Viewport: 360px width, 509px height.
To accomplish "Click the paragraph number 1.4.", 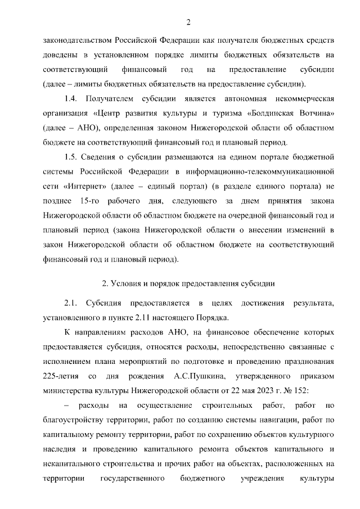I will pos(71,99).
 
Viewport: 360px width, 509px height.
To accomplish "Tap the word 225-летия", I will pos(59,375).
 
